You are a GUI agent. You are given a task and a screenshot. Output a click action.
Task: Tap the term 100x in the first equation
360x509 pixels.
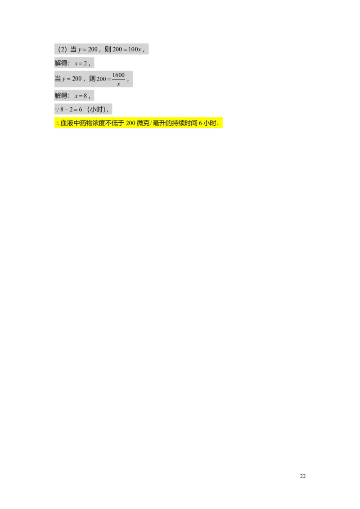[x=135, y=49]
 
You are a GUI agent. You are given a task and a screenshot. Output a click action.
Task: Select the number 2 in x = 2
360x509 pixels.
[x=85, y=63]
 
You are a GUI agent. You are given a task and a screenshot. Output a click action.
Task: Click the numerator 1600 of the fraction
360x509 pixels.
[x=118, y=75]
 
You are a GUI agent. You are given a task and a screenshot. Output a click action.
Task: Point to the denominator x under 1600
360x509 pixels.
[x=118, y=84]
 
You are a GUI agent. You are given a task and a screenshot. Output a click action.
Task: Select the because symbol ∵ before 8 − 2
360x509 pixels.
[x=57, y=110]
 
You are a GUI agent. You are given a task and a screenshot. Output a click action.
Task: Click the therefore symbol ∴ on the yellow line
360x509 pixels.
[x=57, y=124]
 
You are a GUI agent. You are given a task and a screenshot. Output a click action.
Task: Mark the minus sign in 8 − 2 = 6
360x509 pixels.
[x=66, y=110]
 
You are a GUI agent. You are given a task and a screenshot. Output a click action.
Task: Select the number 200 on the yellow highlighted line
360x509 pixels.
[x=131, y=124]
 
